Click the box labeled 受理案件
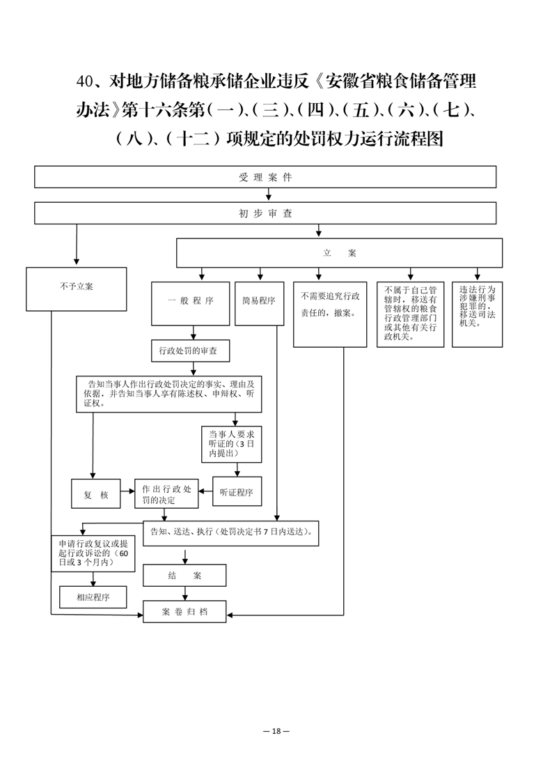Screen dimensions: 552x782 (x=265, y=177)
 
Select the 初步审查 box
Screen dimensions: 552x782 (x=265, y=213)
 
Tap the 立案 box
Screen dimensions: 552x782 (x=339, y=253)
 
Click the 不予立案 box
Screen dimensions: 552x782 (x=77, y=289)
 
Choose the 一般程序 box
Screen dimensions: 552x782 (x=190, y=304)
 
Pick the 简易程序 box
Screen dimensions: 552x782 (x=259, y=304)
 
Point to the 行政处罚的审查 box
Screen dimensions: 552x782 (x=191, y=351)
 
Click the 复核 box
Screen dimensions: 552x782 (x=95, y=493)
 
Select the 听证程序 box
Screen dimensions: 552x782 (x=237, y=492)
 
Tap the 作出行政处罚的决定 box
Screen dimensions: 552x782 (x=166, y=493)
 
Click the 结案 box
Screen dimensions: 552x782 (x=184, y=576)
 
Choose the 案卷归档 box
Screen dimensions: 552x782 (x=184, y=611)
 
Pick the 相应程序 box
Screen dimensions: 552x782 (x=93, y=597)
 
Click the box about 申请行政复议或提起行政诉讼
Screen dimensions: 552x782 (x=93, y=553)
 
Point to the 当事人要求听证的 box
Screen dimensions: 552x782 (x=232, y=444)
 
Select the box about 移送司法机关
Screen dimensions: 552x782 (x=477, y=315)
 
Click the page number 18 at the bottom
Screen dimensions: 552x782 (x=276, y=731)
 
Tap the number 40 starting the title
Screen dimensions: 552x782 (x=85, y=82)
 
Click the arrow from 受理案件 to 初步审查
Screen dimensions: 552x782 (x=269, y=195)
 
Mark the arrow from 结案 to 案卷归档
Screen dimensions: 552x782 (x=185, y=594)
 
